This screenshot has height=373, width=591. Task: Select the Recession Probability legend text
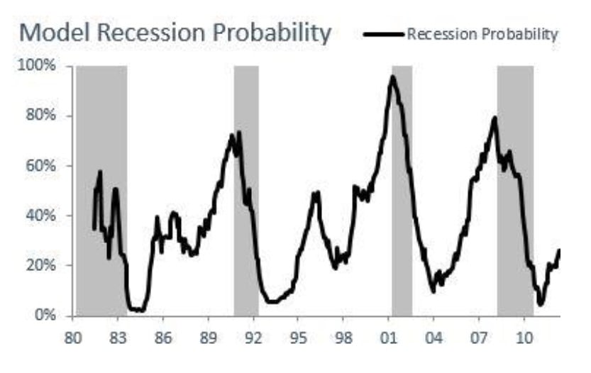[482, 34]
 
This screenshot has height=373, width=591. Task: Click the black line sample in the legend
[384, 34]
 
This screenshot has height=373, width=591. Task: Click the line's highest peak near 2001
[392, 77]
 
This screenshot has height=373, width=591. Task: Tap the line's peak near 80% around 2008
[495, 118]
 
